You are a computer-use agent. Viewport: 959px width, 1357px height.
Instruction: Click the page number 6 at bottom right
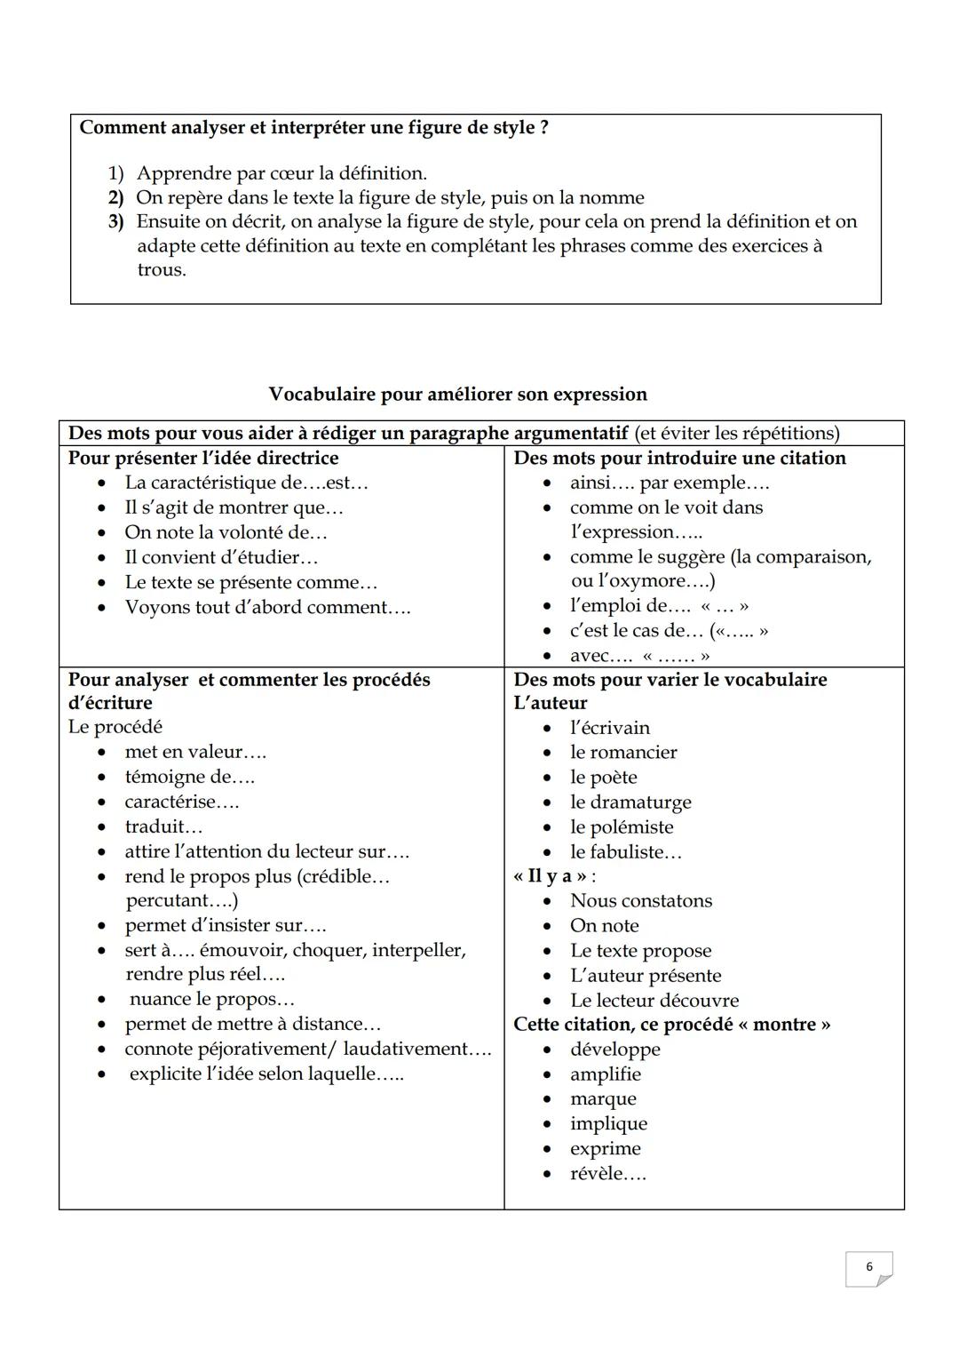point(868,1267)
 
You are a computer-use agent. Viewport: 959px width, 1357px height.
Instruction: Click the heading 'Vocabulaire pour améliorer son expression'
point(457,394)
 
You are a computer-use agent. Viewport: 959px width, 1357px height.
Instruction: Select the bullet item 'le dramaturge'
point(630,802)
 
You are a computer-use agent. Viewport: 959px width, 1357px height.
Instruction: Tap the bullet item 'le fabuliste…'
point(625,851)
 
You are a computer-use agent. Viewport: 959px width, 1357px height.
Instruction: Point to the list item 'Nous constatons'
point(640,900)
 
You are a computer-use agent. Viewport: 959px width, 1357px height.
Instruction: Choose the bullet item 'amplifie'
point(605,1074)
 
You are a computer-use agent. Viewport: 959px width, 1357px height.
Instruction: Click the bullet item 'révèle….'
point(607,1173)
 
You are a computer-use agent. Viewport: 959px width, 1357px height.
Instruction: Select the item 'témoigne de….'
point(189,777)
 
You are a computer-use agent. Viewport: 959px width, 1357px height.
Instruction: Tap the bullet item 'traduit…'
point(163,826)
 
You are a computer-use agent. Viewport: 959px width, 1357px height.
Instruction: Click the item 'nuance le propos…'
point(211,999)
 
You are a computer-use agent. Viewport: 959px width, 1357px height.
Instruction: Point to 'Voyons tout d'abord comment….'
point(267,607)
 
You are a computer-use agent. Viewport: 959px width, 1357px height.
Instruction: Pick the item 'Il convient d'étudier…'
point(221,557)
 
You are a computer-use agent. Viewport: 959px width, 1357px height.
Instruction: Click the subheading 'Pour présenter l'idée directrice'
point(203,458)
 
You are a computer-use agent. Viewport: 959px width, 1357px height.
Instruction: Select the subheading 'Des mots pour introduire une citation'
point(679,458)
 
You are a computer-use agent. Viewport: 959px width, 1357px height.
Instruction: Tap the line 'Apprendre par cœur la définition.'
point(281,173)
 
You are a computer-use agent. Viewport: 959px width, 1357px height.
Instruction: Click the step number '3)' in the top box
point(116,221)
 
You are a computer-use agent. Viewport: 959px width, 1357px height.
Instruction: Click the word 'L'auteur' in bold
point(551,702)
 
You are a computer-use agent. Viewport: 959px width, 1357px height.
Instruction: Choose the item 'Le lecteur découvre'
point(654,1000)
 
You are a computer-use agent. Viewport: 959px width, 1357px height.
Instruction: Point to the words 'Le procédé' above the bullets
point(115,727)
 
